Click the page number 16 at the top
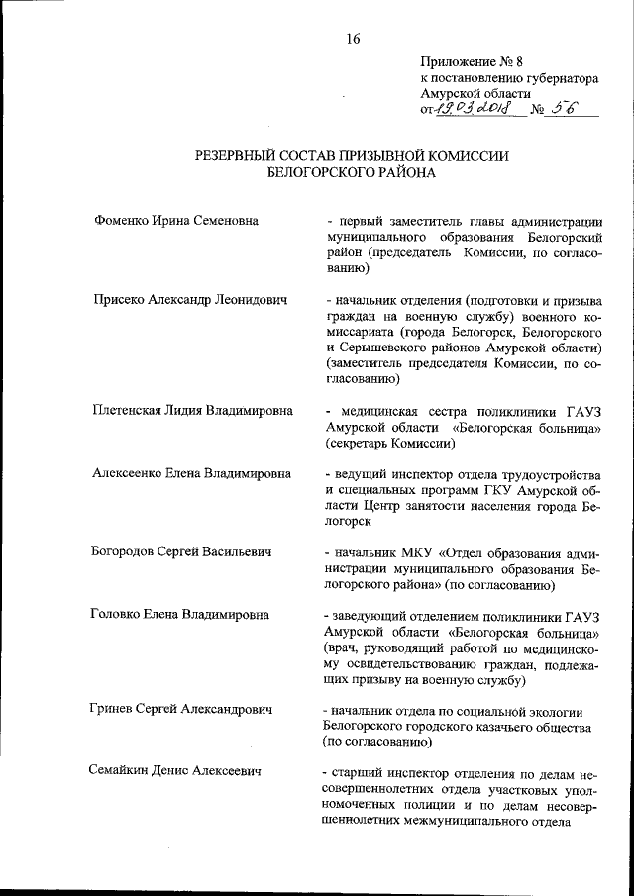coord(354,40)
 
